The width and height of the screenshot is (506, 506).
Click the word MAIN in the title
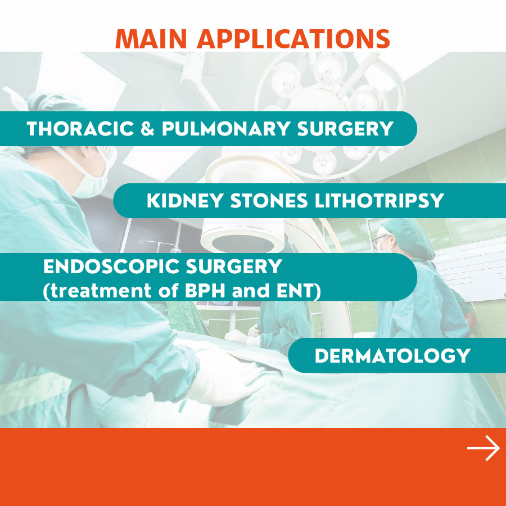click(151, 39)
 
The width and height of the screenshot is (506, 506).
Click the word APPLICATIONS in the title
click(293, 39)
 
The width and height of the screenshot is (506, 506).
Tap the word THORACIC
click(80, 129)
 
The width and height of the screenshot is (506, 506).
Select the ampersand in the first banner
click(147, 129)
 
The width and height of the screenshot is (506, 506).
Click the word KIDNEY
click(185, 201)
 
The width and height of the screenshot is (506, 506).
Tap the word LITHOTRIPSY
click(379, 201)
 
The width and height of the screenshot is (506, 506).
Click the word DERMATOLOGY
click(392, 356)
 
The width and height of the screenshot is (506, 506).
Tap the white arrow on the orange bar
click(484, 448)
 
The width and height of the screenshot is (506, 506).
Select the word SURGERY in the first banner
click(345, 129)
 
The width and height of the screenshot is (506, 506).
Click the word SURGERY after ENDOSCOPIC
click(234, 266)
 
